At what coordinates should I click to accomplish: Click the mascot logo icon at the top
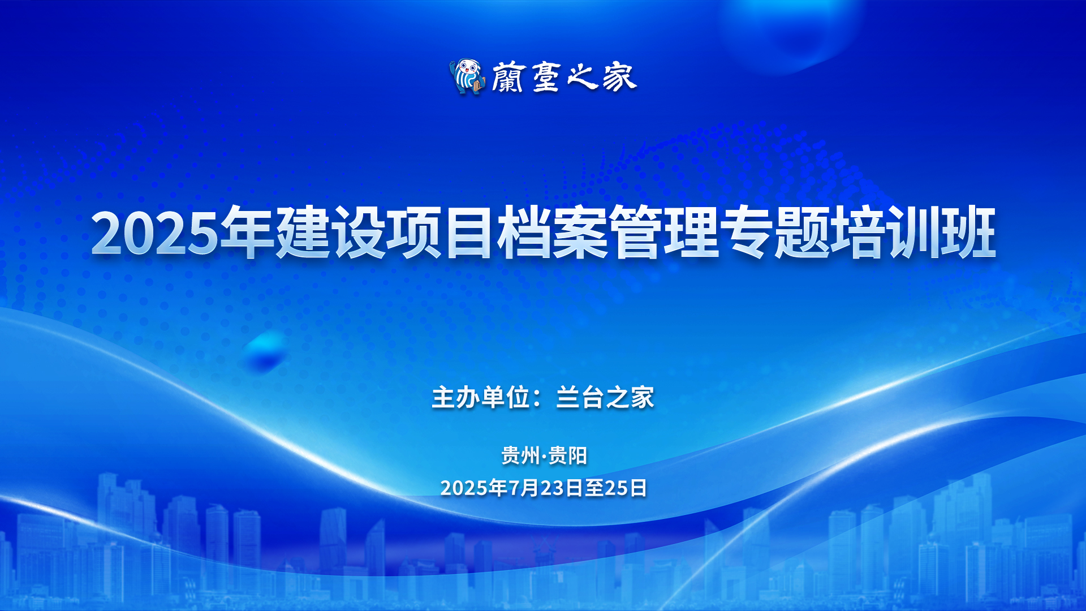(467, 77)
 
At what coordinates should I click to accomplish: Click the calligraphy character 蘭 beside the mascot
(508, 77)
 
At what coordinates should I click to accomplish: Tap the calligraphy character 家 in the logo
(619, 77)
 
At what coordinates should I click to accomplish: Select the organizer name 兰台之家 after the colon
(605, 397)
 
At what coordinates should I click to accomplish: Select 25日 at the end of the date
(626, 488)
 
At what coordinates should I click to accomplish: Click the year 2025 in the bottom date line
(464, 488)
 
